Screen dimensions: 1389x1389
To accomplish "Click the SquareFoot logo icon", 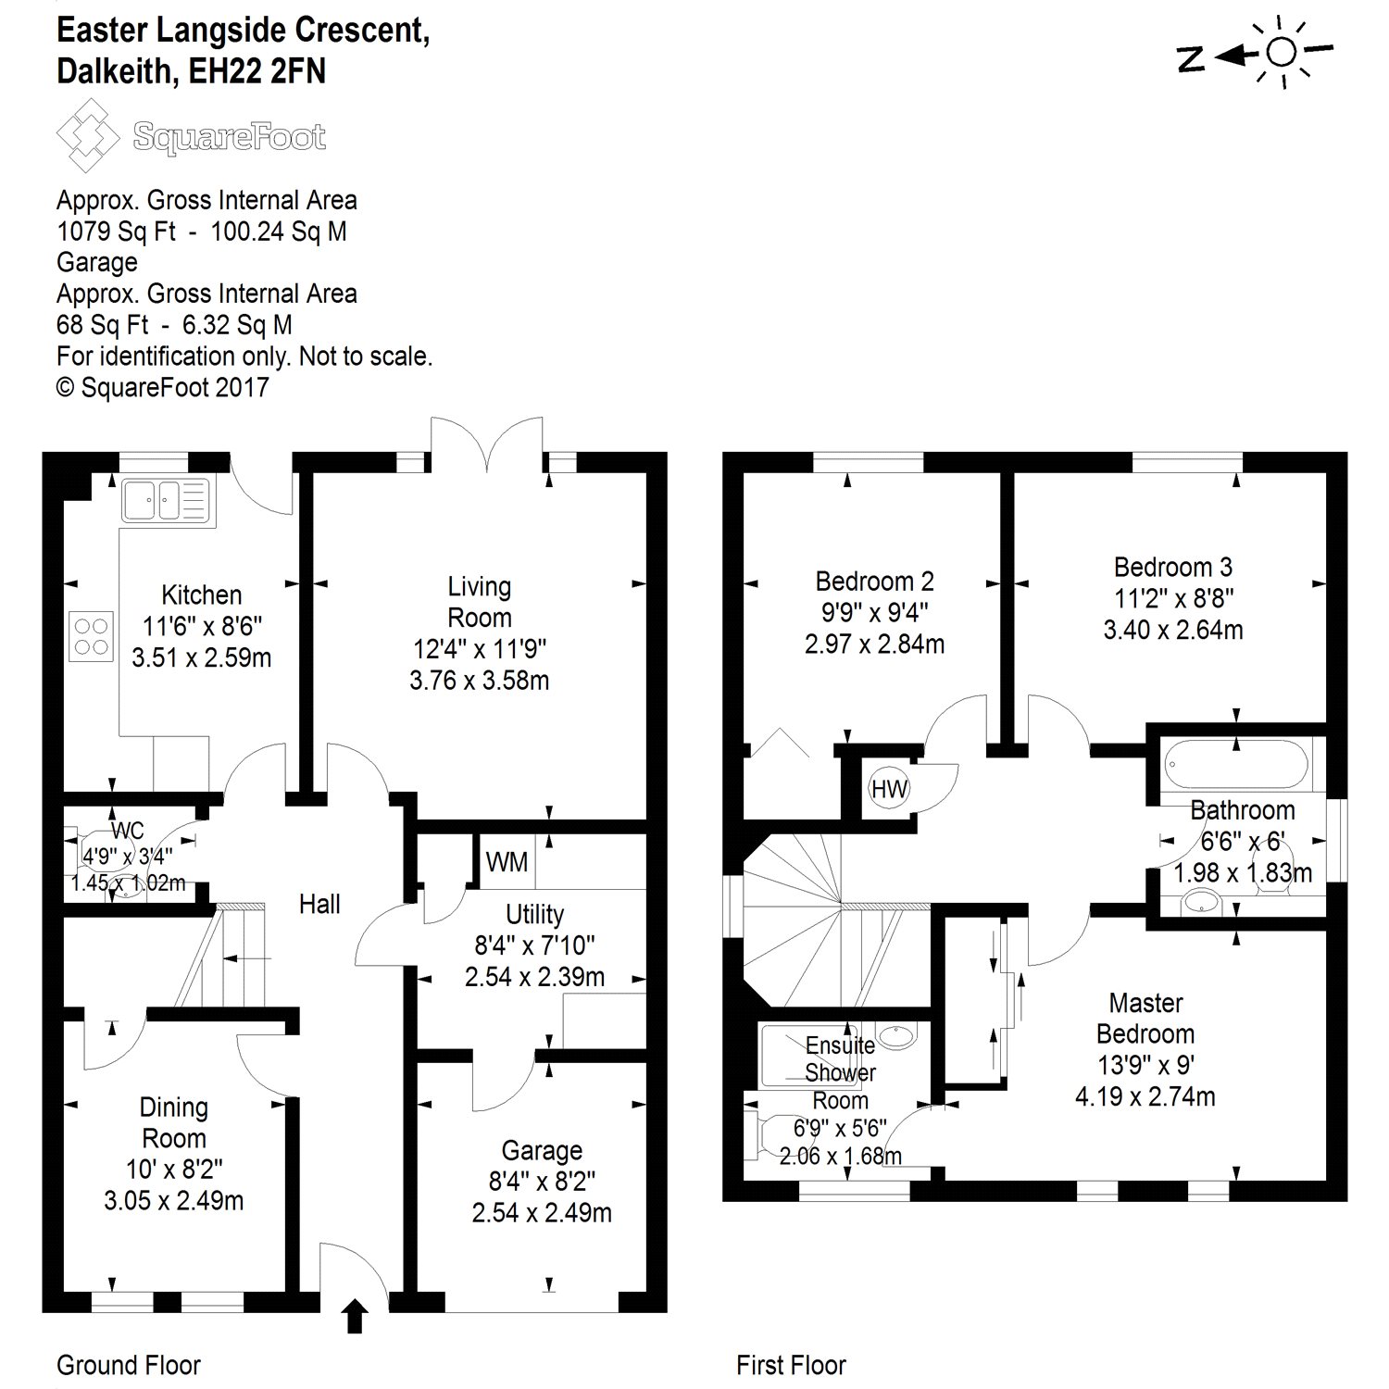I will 88,136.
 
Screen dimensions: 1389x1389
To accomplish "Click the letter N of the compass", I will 1190,59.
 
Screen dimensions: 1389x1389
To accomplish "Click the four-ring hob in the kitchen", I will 91,636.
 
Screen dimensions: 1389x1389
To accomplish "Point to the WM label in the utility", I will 507,862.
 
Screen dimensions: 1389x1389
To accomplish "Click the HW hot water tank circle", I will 889,789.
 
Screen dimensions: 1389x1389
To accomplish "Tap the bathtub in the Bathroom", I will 1237,765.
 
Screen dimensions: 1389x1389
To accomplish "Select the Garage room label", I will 542,1151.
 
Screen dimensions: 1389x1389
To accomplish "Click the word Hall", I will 319,905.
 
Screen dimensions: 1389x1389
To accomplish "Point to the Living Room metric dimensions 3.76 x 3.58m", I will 479,681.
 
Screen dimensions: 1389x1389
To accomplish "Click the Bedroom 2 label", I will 874,582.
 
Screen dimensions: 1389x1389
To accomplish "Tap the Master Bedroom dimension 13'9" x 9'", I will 1145,1065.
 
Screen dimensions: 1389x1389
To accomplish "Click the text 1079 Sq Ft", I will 116,231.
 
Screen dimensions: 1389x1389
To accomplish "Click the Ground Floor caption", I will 129,1365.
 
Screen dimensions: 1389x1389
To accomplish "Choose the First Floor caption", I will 791,1365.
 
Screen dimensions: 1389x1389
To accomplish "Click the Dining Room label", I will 173,1122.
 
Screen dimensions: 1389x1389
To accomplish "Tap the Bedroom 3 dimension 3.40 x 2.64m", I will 1172,630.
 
